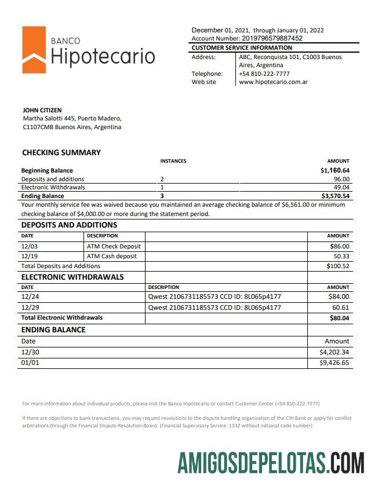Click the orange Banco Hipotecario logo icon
[34, 50]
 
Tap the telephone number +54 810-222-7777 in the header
[264, 74]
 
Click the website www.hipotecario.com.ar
[273, 82]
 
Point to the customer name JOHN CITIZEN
[42, 110]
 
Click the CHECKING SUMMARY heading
[61, 152]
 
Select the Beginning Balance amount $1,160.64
[335, 170]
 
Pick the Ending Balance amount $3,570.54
[335, 196]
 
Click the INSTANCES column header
[173, 161]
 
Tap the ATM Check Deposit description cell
[114, 246]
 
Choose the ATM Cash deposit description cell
[112, 256]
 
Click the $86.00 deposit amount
[339, 246]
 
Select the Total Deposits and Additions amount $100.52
[337, 266]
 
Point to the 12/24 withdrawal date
[29, 297]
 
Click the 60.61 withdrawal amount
[341, 307]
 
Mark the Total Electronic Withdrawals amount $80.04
[339, 317]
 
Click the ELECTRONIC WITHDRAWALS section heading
[72, 277]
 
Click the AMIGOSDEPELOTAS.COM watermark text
[271, 463]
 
